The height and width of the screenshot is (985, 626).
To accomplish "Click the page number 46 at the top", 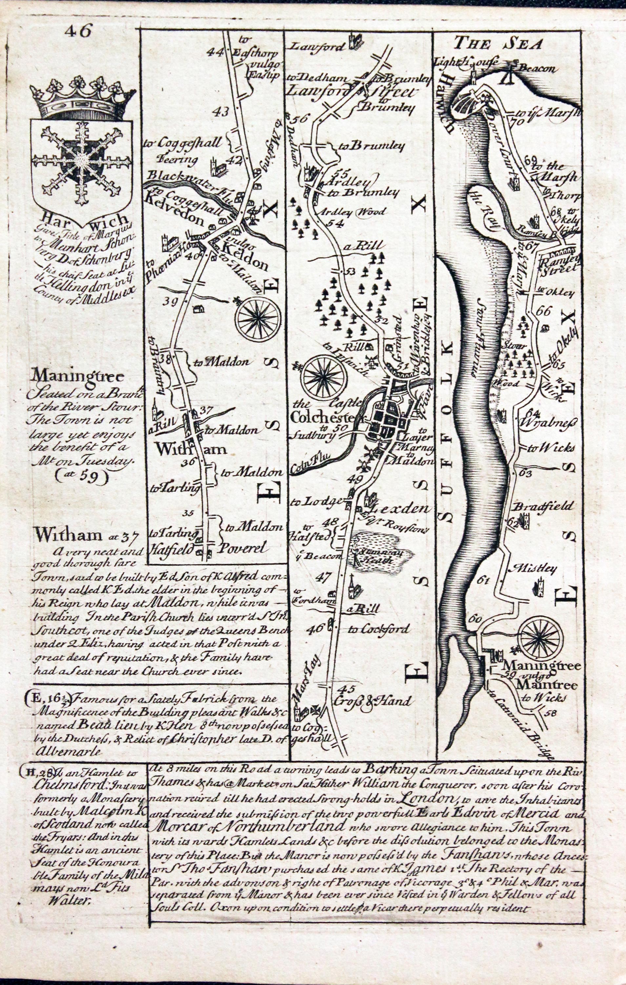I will pyautogui.click(x=78, y=31).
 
